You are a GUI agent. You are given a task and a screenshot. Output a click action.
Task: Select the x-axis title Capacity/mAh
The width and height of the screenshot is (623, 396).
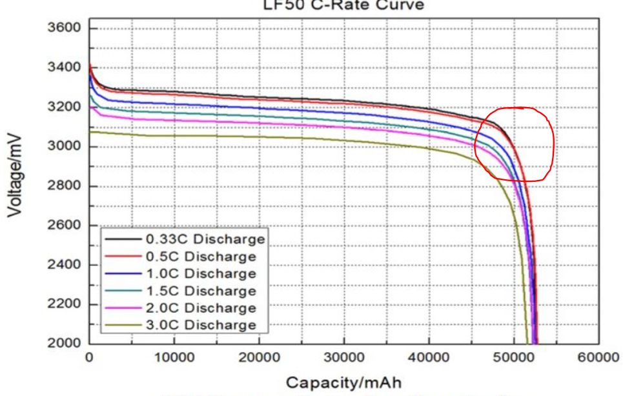(x=343, y=382)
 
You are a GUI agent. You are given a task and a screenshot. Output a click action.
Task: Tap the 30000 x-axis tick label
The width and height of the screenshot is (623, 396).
(x=343, y=357)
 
